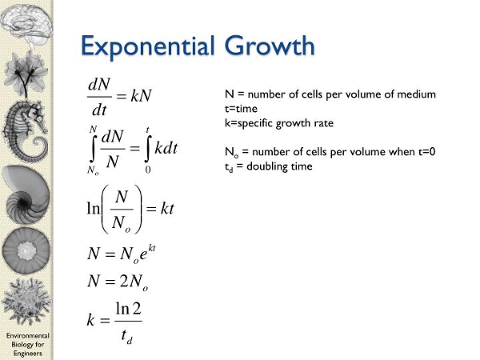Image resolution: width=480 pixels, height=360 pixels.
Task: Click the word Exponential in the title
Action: coord(147,47)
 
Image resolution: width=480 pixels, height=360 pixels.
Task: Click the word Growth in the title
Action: coord(270,46)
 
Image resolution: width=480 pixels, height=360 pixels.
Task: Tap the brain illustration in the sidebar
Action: coord(26,23)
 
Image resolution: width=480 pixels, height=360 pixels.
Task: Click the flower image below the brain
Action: coord(26,74)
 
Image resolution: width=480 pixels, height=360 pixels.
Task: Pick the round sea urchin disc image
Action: coord(26,250)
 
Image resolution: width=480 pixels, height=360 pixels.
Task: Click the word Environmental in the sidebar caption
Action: coord(27,335)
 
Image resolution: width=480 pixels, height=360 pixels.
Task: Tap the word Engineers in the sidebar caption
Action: coord(27,354)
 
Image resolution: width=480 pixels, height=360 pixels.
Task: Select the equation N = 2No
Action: coord(118,282)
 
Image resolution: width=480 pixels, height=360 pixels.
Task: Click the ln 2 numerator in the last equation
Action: coord(128,309)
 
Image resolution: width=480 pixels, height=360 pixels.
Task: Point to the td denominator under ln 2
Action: coord(126,336)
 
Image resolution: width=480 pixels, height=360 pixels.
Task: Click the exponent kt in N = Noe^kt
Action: coord(151,247)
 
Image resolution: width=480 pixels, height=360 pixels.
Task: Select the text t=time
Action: coord(241,109)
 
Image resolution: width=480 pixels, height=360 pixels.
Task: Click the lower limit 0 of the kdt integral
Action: coord(148,170)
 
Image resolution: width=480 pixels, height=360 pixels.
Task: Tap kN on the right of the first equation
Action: coord(141,95)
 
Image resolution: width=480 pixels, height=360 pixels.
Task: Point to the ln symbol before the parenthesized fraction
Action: coord(94,209)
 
